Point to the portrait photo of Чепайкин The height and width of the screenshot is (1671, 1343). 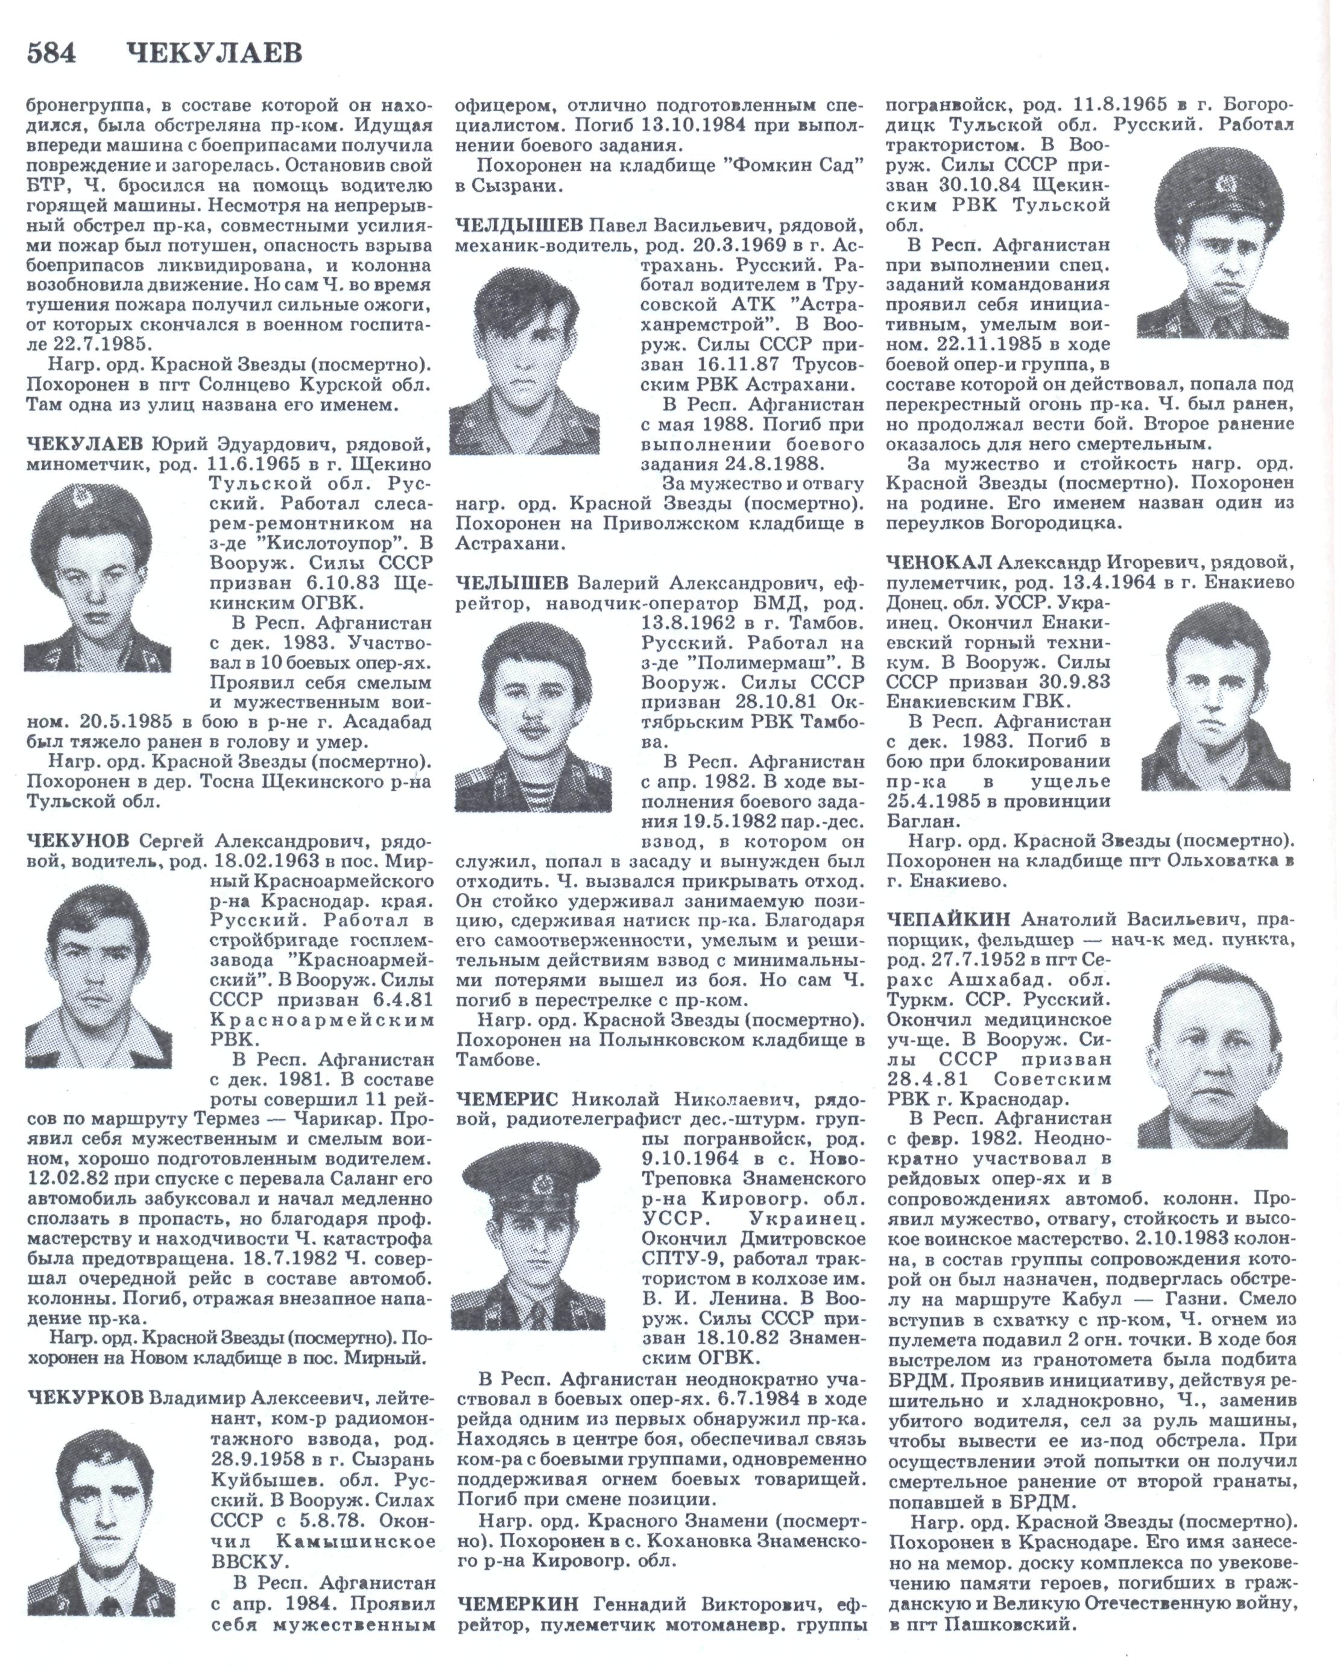(1212, 1053)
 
